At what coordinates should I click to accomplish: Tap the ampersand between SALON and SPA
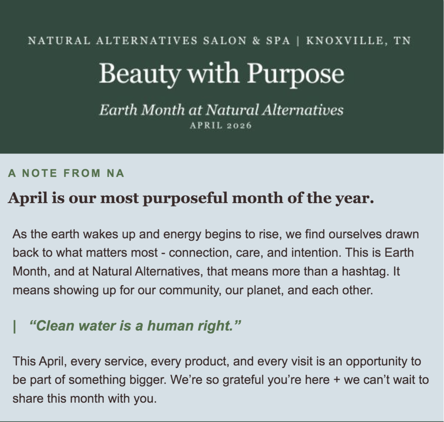click(256, 41)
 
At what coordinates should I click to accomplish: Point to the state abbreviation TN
click(402, 41)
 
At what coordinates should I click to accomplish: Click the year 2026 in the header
click(239, 126)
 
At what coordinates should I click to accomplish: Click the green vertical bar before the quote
click(14, 326)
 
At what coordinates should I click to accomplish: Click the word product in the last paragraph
click(205, 362)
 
